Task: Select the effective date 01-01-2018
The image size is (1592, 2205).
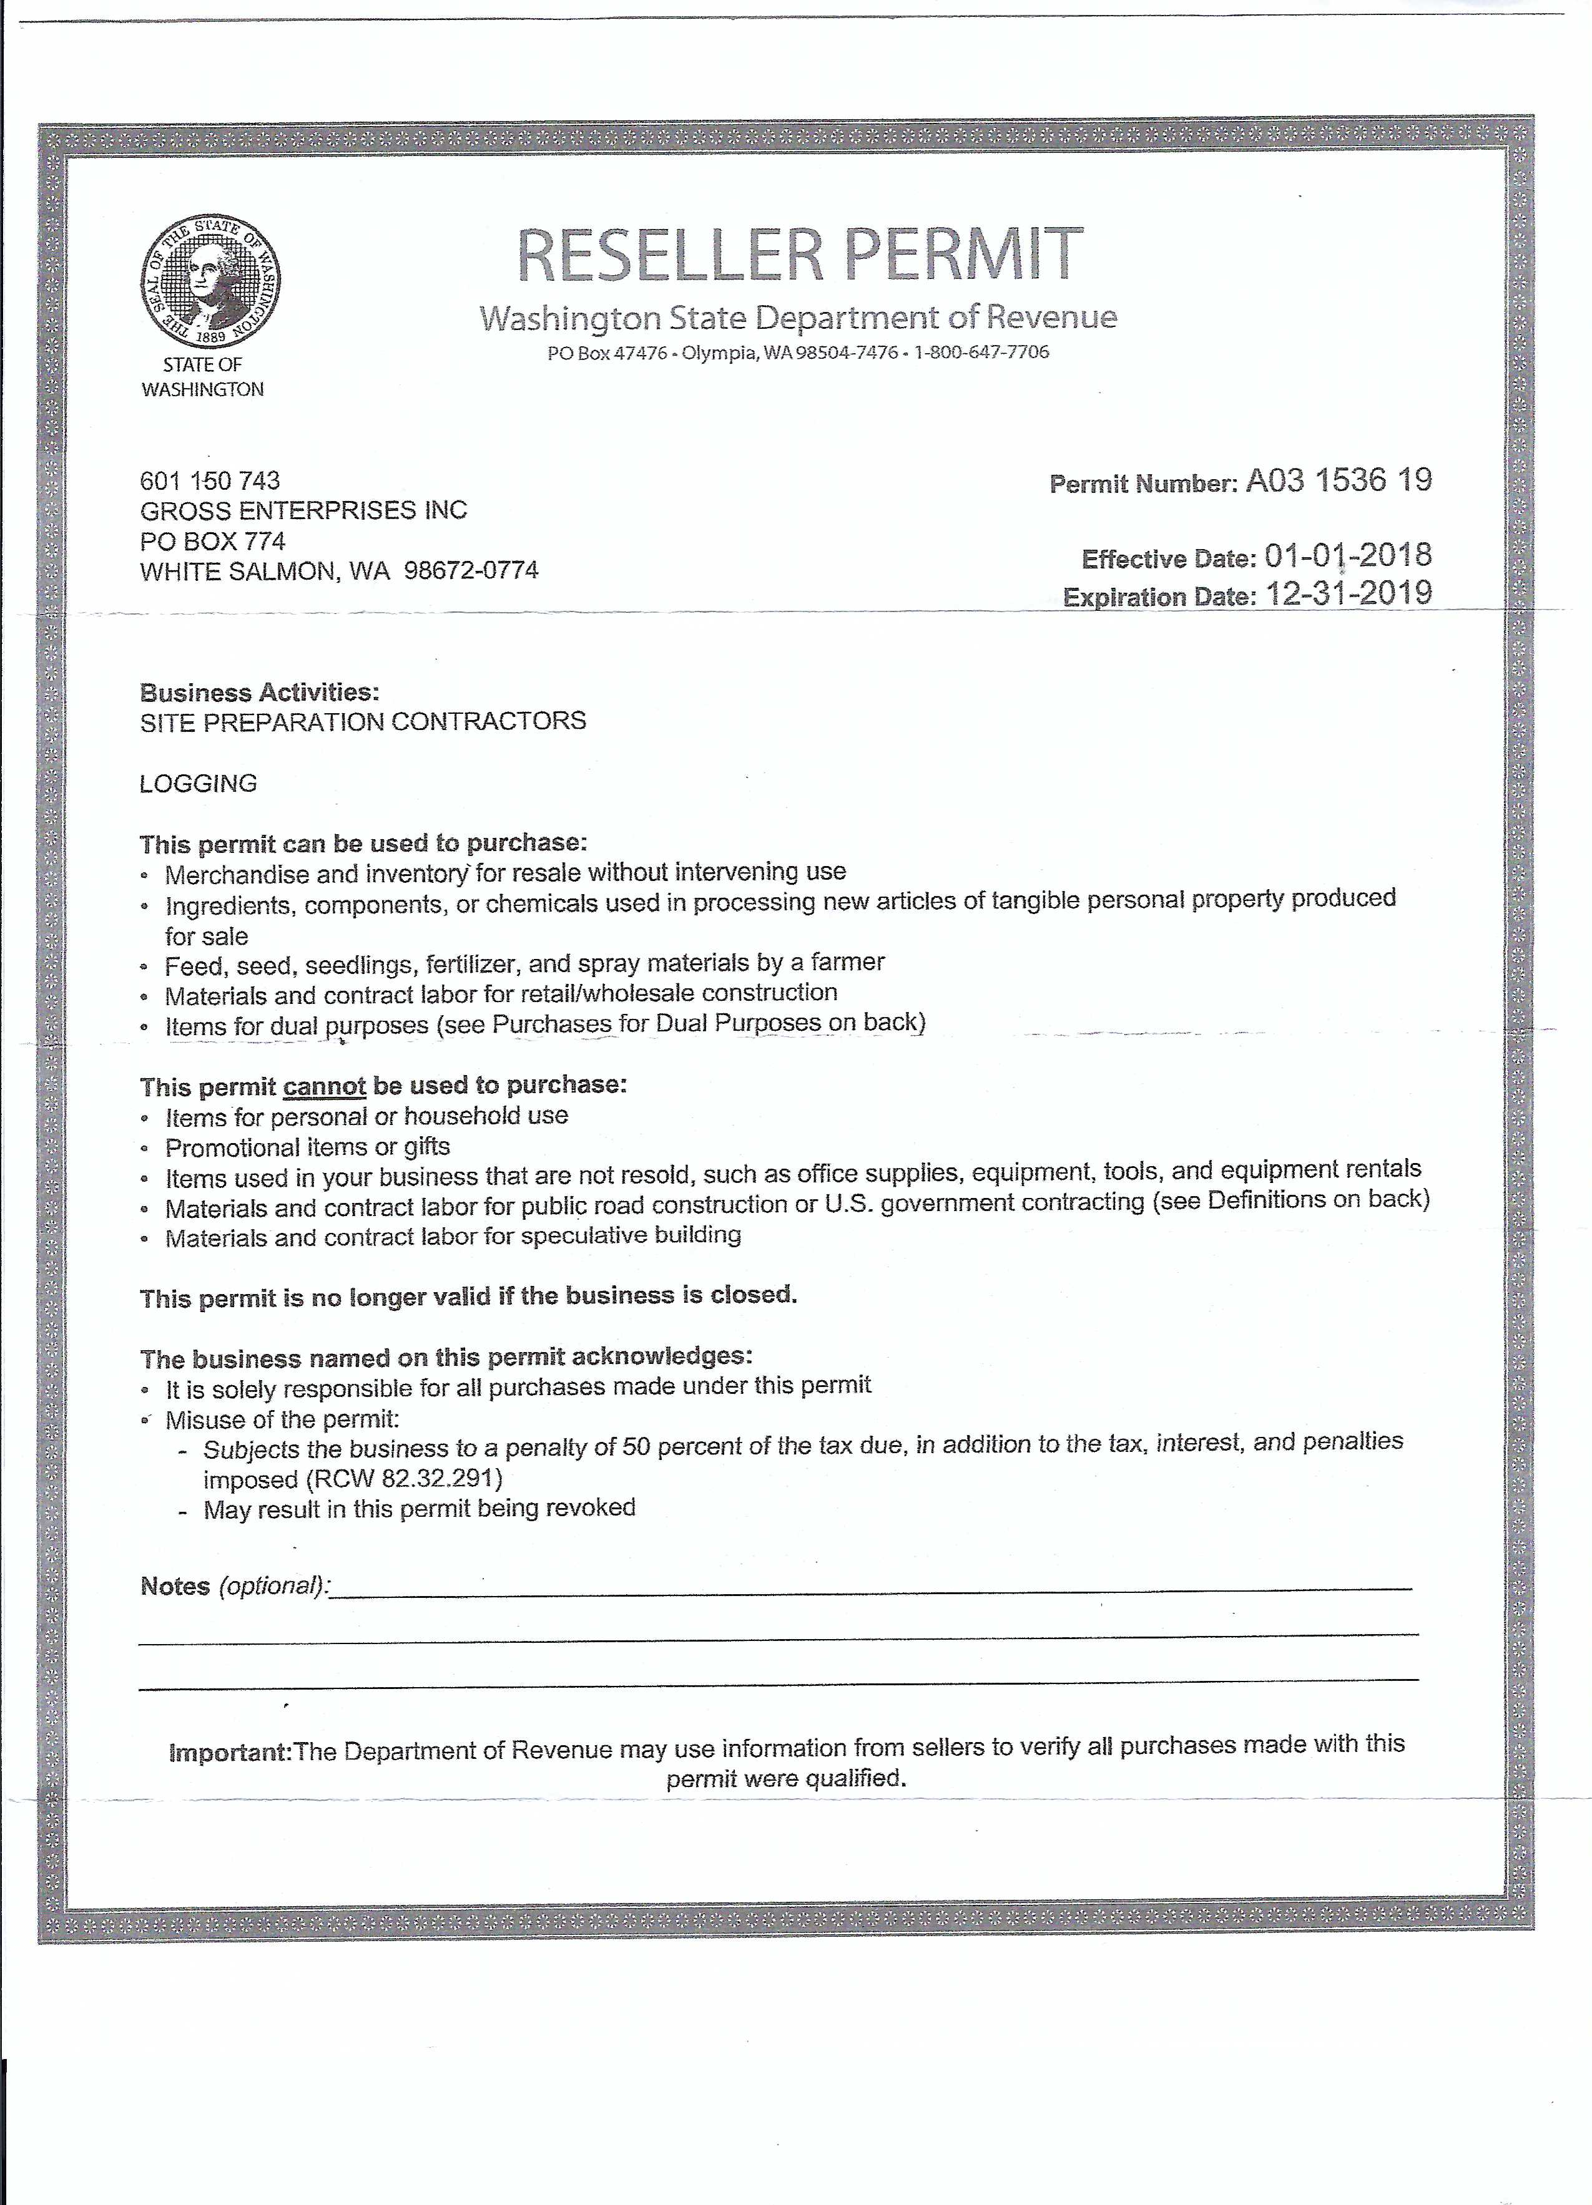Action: pos(1348,556)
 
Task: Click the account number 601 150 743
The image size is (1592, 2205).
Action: pos(210,480)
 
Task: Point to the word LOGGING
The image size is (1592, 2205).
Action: pos(199,784)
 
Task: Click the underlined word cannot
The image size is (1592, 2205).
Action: pos(324,1086)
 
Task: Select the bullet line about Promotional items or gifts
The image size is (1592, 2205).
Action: pos(307,1147)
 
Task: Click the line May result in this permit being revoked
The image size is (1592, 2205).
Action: pos(419,1509)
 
